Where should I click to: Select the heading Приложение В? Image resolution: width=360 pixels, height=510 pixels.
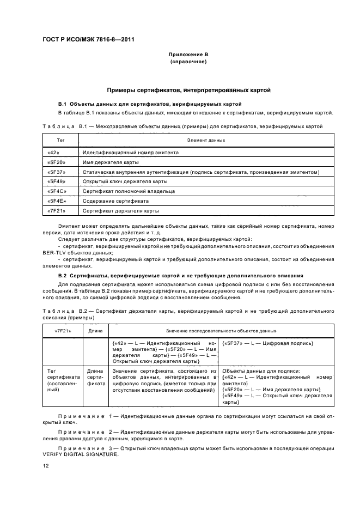188,55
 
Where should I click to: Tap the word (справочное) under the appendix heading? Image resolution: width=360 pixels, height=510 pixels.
188,62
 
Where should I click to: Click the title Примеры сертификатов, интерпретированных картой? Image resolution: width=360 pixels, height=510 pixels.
188,90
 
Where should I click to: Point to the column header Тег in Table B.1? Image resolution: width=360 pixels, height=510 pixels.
60,140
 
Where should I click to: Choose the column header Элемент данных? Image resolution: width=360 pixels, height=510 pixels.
206,140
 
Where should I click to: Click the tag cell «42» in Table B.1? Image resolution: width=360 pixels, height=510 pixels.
53,153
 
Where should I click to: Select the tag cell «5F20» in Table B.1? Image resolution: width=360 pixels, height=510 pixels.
56,162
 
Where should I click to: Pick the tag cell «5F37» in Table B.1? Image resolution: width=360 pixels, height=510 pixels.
56,172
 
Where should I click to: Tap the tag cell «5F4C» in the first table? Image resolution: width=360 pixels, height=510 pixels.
57,191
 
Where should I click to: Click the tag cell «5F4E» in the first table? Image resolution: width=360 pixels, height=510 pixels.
57,201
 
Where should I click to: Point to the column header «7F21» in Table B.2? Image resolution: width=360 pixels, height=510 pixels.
62,331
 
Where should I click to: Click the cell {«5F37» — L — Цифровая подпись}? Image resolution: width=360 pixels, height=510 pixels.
267,343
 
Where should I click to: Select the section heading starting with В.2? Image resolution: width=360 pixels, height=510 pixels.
180,276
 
